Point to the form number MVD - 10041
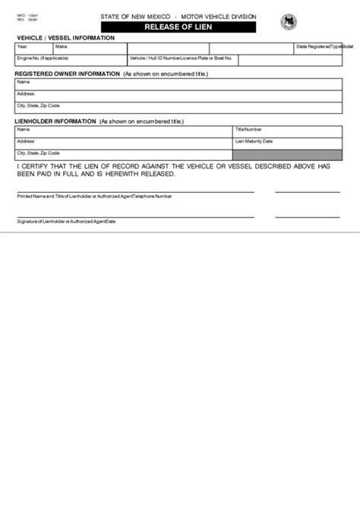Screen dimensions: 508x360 tap(27, 14)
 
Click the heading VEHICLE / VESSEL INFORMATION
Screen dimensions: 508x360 tap(65, 37)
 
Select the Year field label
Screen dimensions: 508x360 tap(22, 46)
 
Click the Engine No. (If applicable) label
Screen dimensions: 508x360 tap(43, 58)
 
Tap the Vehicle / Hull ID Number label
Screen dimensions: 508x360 tap(155, 58)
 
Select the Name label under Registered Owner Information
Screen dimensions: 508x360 tap(24, 82)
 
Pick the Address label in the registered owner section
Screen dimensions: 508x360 tap(26, 93)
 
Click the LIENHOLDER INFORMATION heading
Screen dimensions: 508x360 tap(55, 121)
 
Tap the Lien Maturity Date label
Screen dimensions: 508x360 tap(254, 141)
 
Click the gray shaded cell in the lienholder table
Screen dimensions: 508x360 tap(287, 154)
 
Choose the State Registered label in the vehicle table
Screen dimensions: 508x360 tap(312, 46)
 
